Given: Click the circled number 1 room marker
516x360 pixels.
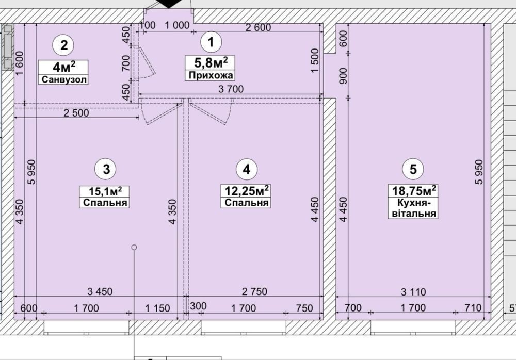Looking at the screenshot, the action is [x=211, y=42].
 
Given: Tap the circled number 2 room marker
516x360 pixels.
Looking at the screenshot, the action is [x=63, y=45].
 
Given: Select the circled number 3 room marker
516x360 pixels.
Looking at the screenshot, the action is [x=106, y=169].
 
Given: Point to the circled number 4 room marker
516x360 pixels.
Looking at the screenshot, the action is [x=247, y=169].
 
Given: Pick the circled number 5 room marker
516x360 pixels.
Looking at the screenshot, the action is [x=413, y=169].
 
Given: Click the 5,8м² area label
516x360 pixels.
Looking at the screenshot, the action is [x=211, y=62].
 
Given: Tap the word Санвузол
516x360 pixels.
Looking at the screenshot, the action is [x=63, y=79].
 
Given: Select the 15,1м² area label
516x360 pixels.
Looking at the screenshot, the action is [x=105, y=191].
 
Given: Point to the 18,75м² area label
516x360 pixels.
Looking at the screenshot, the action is [x=414, y=190].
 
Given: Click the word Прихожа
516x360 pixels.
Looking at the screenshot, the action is [x=211, y=75].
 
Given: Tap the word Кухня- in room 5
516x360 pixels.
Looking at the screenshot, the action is [x=413, y=202].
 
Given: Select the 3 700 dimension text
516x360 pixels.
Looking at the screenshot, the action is [x=231, y=89].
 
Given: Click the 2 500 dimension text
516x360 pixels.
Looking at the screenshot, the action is [x=76, y=113].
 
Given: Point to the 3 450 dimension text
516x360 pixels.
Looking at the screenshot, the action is [x=100, y=291].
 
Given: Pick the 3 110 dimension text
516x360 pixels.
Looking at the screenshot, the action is [x=413, y=291].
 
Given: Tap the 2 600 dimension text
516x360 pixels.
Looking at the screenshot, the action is [x=259, y=27].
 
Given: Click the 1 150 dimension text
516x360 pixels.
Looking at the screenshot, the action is [x=157, y=308].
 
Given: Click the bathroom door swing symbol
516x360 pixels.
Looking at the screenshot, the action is [x=146, y=63].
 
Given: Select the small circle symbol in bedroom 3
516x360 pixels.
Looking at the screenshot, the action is [x=134, y=247].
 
